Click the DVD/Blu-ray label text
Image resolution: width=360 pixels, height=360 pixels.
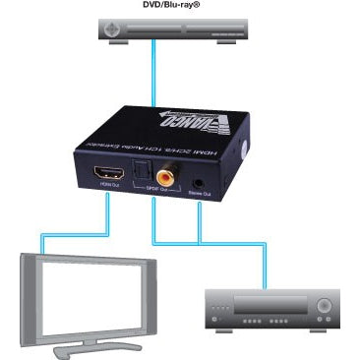coord(179,5)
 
